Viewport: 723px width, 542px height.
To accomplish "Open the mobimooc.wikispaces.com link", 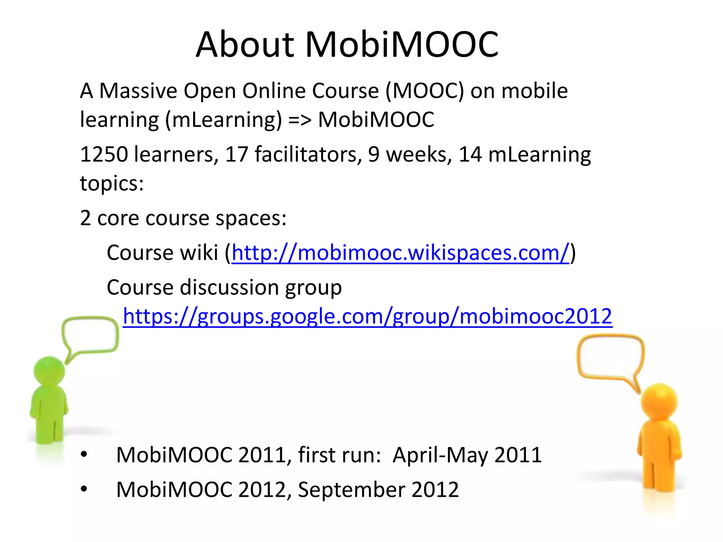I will pyautogui.click(x=400, y=253).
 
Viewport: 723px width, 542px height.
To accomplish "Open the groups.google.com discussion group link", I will pyautogui.click(x=367, y=316).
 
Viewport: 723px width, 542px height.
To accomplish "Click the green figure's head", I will pyautogui.click(x=49, y=371).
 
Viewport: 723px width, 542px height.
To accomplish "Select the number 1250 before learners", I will pyautogui.click(x=104, y=155).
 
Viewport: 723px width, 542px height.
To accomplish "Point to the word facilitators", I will pyautogui.click(x=308, y=155).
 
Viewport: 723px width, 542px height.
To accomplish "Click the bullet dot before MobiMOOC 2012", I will pyautogui.click(x=84, y=489).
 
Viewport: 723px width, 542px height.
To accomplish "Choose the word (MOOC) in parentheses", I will pyautogui.click(x=425, y=91).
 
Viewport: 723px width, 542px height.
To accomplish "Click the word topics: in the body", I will pyautogui.click(x=112, y=183).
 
